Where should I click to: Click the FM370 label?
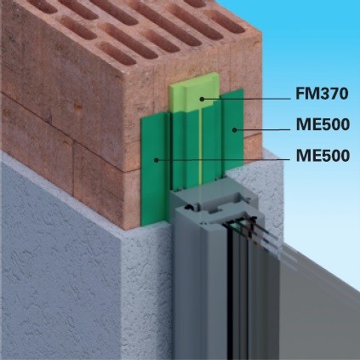(322, 94)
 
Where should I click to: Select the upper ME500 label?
(323, 124)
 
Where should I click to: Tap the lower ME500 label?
(323, 156)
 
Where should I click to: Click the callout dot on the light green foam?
(202, 99)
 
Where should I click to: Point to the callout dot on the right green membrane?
(234, 130)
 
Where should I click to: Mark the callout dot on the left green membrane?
(156, 160)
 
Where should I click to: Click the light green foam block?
(195, 92)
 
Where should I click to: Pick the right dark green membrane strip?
(232, 129)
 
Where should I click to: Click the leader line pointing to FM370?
(247, 99)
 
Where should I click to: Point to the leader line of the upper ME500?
(263, 130)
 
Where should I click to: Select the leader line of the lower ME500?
(223, 160)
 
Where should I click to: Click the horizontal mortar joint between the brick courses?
(71, 125)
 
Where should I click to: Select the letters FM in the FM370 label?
(306, 94)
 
